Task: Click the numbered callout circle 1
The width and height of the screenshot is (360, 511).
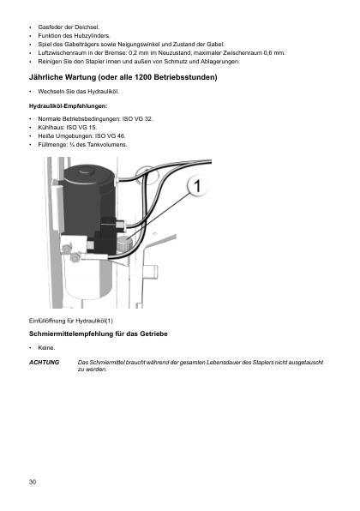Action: point(197,186)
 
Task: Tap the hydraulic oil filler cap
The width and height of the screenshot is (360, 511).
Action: point(124,243)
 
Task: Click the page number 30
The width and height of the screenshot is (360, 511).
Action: point(33,482)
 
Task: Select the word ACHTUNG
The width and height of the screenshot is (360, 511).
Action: point(44,362)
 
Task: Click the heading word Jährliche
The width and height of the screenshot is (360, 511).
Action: point(46,77)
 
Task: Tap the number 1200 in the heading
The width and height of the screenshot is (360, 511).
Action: point(143,77)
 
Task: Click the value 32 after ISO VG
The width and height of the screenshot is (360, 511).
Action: point(148,118)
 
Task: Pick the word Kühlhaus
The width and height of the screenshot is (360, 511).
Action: point(50,128)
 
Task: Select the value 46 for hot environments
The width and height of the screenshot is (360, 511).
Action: point(121,136)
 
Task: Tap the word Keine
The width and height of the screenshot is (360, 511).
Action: point(46,348)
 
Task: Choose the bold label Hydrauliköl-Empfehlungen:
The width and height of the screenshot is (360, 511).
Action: point(68,106)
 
